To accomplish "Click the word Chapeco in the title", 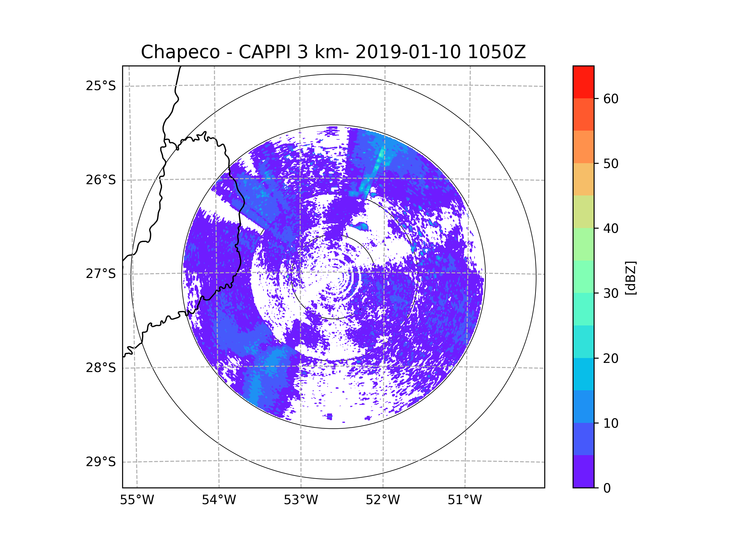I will (x=180, y=52).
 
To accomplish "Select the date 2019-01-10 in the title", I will (x=408, y=52).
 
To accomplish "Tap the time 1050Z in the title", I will (x=496, y=52).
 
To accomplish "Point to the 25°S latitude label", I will (x=101, y=86).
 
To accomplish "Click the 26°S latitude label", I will (x=101, y=180).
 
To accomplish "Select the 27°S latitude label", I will (x=101, y=274).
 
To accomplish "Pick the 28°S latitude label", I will (x=101, y=368).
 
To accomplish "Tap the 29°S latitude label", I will (x=101, y=462).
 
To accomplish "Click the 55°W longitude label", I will (x=137, y=500).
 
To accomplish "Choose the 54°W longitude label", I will (x=219, y=500).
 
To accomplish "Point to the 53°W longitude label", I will (x=301, y=500).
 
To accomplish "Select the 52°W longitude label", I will (x=383, y=500).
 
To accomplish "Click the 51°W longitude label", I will (x=464, y=500).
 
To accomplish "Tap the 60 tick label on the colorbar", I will (x=611, y=99).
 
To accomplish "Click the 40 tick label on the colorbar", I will (x=611, y=229).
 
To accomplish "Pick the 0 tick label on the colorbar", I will (x=607, y=488).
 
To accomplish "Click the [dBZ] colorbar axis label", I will (x=630, y=278).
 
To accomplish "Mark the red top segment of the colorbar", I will (x=583, y=82).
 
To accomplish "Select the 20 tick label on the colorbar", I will (x=611, y=358).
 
